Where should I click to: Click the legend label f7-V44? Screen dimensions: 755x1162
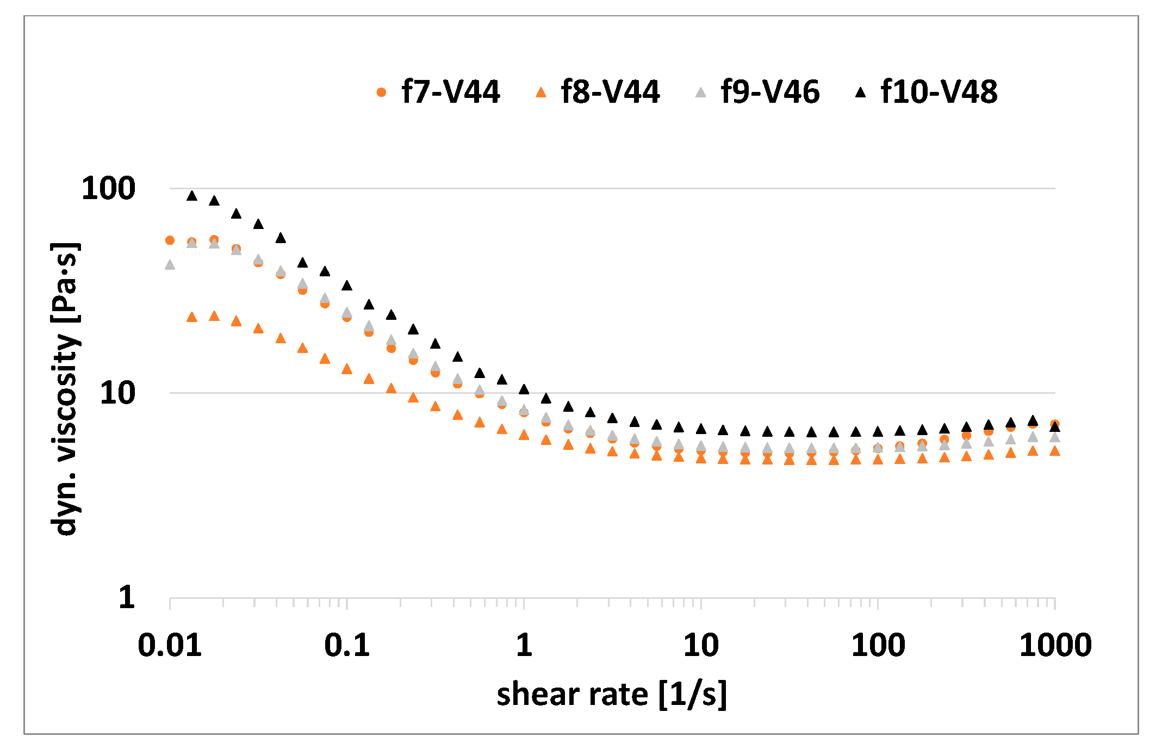point(450,91)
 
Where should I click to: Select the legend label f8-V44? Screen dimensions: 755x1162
point(610,91)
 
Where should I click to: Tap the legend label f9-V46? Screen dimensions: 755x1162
point(770,91)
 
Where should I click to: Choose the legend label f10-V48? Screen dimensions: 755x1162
point(939,91)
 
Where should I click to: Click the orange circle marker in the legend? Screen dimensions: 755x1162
point(381,92)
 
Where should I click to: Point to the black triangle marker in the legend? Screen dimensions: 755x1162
point(860,92)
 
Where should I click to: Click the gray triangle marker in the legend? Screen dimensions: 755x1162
point(700,92)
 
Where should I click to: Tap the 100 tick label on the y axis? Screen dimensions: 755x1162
point(108,189)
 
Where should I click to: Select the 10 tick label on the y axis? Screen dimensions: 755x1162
point(117,393)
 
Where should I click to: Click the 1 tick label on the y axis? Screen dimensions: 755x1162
point(127,597)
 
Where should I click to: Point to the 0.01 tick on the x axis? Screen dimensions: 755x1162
point(170,646)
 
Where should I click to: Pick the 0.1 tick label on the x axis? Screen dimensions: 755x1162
point(347,646)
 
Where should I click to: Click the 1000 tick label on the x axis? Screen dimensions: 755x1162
point(1055,646)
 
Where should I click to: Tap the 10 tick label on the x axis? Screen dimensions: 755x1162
point(701,646)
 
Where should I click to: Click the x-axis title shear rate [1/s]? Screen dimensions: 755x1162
point(612,695)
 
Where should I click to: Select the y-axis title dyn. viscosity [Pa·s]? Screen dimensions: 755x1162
point(65,389)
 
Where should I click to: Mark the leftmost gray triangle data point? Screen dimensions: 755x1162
point(170,265)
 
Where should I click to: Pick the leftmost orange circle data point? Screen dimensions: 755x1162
point(170,240)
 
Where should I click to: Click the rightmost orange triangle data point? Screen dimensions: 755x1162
point(1055,451)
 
